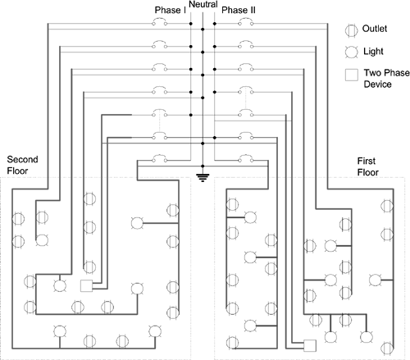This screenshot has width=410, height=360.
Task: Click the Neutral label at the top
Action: [x=203, y=4]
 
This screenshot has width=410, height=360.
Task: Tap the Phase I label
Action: [x=170, y=10]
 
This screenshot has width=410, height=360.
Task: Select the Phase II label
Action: [x=239, y=10]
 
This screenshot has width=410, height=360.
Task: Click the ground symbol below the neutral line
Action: [x=203, y=178]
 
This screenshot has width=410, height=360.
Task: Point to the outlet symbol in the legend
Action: [x=351, y=30]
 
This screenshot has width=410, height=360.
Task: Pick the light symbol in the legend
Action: [x=351, y=52]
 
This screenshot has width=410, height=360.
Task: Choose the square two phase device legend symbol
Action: [x=352, y=75]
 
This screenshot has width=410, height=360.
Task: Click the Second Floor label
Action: [x=22, y=165]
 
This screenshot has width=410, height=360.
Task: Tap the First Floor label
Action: [x=368, y=166]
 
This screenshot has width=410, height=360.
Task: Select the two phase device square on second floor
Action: [x=87, y=286]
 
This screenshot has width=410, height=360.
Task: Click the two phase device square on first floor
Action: [x=310, y=345]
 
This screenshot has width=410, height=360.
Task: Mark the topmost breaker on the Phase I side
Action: [x=159, y=22]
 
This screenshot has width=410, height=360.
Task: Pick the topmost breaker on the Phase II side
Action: [x=246, y=22]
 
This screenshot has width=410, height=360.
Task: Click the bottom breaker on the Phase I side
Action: [x=159, y=158]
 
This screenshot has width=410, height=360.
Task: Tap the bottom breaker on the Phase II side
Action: [x=246, y=158]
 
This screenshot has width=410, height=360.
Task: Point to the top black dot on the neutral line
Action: [x=203, y=30]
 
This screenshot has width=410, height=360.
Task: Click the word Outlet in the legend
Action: [x=375, y=29]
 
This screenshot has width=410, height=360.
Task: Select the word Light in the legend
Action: [x=373, y=51]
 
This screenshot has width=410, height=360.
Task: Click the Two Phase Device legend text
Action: [x=386, y=78]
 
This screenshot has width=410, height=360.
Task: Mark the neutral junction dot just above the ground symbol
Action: [x=203, y=166]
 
